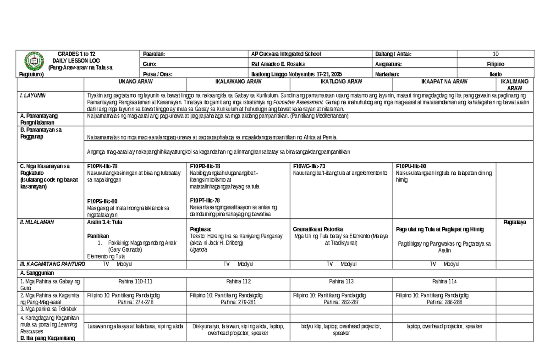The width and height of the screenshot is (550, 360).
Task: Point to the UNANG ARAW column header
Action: point(136,82)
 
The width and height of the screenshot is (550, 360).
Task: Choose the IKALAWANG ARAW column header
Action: point(238,82)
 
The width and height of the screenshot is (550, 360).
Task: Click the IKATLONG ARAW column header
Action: point(341,82)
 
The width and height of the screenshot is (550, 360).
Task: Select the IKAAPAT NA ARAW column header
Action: point(444,82)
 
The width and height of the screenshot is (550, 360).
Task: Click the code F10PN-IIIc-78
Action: point(102,166)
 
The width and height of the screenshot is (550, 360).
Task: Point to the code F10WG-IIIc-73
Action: point(309,166)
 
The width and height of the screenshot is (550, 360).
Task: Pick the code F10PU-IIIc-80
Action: point(411,166)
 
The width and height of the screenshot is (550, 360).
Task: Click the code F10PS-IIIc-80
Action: point(102,201)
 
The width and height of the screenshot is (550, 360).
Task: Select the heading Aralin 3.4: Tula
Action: point(104,222)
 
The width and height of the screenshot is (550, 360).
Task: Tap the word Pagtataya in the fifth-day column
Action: point(515,222)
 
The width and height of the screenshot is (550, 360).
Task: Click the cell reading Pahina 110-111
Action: point(136,281)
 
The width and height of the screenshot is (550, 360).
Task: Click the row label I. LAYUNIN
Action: point(32,95)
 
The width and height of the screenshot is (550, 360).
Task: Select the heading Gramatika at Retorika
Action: point(318,229)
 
